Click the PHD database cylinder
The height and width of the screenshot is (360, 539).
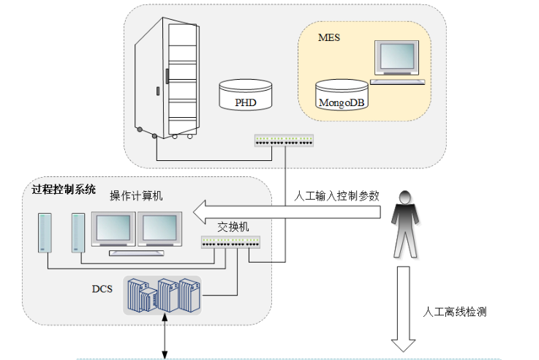246,96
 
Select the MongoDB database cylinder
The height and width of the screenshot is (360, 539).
342,95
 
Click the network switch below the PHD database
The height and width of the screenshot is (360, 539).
284,140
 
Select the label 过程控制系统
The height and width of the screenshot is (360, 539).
64,188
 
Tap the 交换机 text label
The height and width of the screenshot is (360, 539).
234,226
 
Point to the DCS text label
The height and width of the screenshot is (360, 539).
102,288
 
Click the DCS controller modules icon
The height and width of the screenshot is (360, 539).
162,295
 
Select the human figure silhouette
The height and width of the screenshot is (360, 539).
402,224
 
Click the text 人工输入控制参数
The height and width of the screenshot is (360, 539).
337,196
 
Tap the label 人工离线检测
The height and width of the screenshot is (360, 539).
455,311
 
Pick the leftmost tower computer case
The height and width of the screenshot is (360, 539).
45,233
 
